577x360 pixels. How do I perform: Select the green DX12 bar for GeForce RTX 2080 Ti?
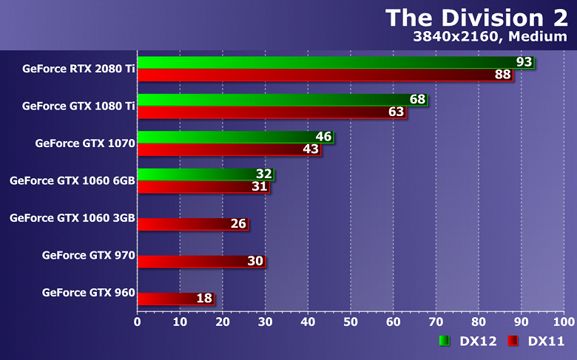click(x=325, y=62)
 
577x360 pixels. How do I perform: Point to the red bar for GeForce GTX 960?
click(x=166, y=299)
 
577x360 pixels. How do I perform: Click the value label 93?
click(x=524, y=62)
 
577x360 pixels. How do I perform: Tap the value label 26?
click(x=238, y=224)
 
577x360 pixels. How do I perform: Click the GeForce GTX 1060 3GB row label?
click(x=72, y=218)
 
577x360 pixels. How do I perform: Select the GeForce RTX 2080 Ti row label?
click(x=78, y=68)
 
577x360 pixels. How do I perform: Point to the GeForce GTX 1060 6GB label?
click(x=72, y=180)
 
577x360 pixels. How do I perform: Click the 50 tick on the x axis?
click(x=351, y=322)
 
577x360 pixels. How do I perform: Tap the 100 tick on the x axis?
click(x=564, y=322)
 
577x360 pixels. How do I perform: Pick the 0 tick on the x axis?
click(x=138, y=322)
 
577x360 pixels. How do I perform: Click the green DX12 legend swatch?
click(x=444, y=341)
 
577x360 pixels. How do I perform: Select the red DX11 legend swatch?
click(x=512, y=341)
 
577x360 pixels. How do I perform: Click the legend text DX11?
click(x=546, y=341)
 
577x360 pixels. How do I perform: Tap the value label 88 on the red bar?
click(x=503, y=75)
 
